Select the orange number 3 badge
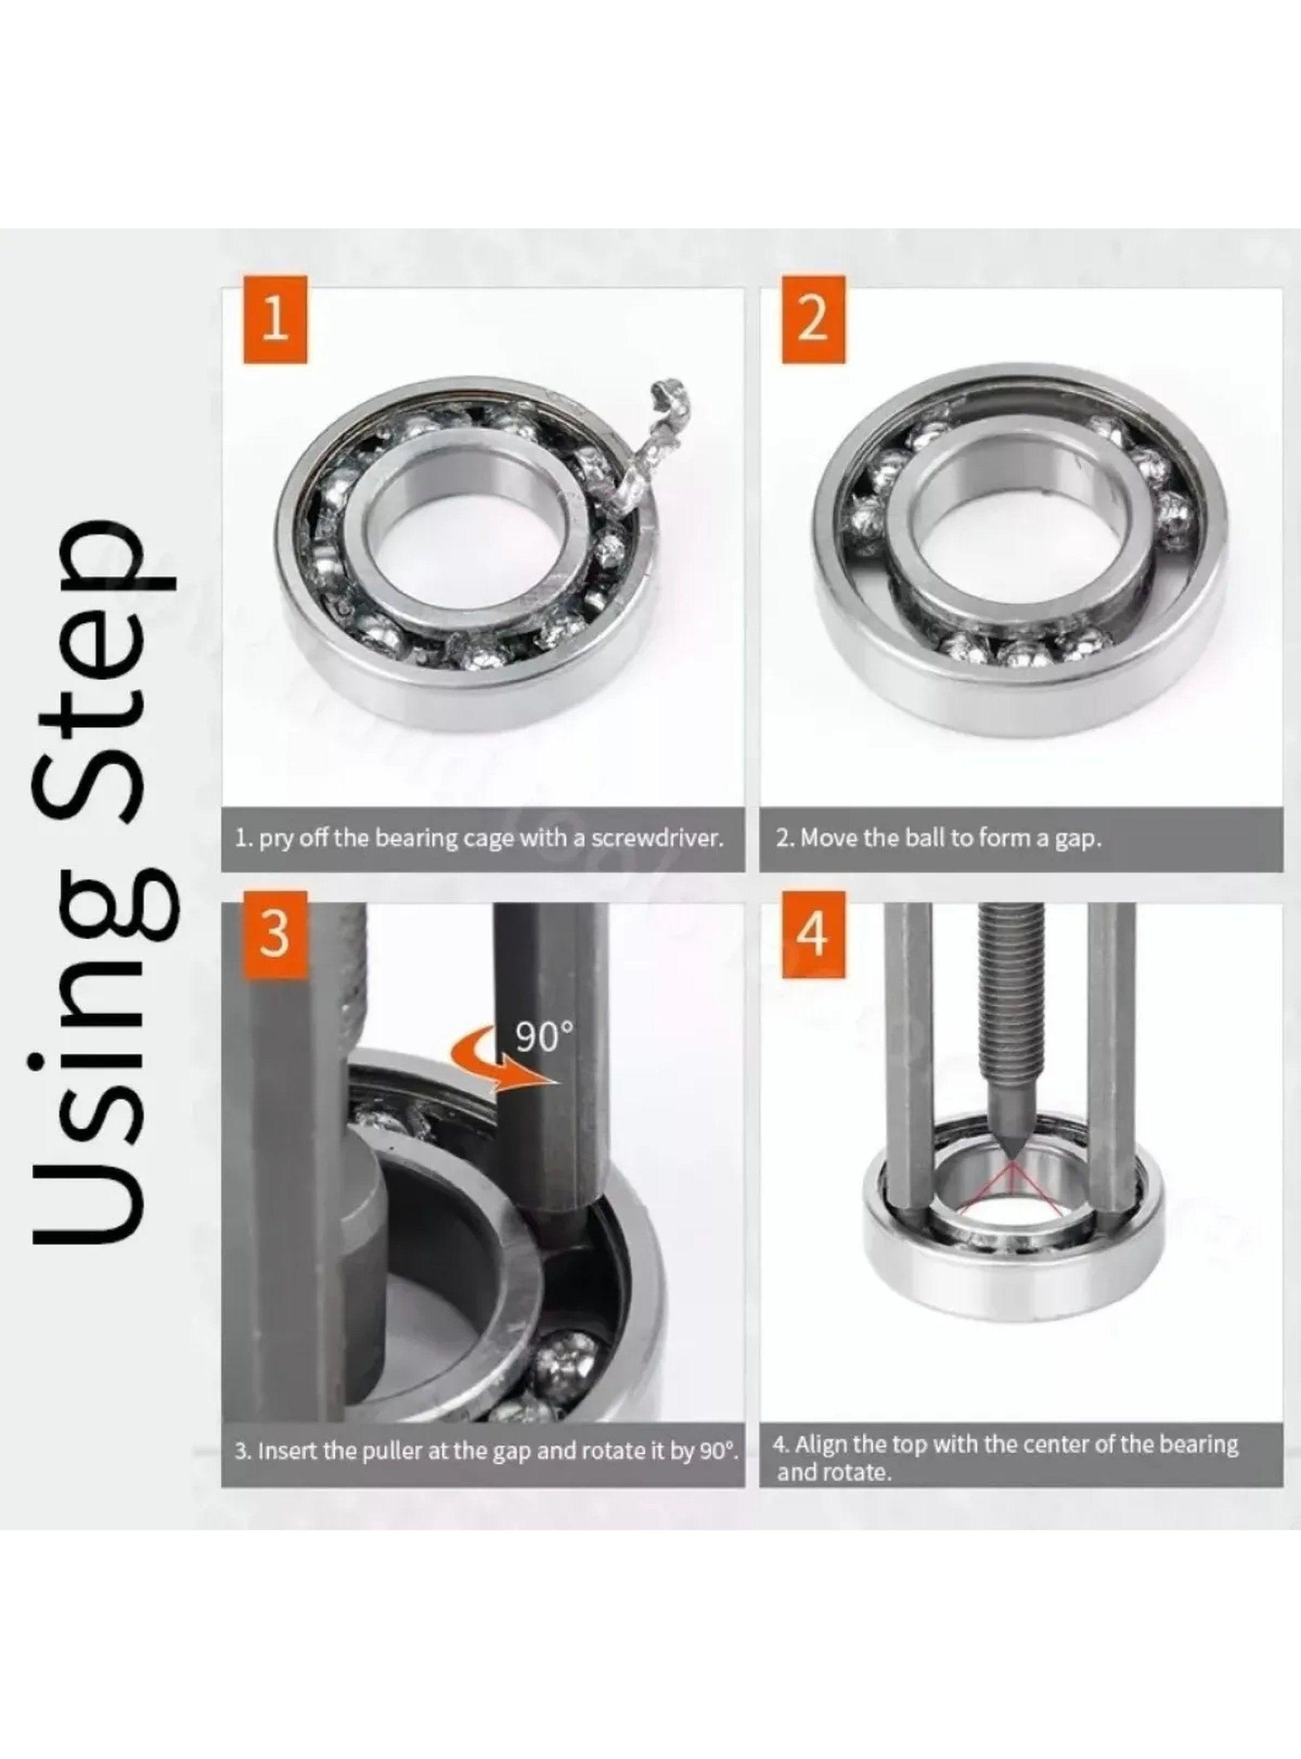[274, 934]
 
